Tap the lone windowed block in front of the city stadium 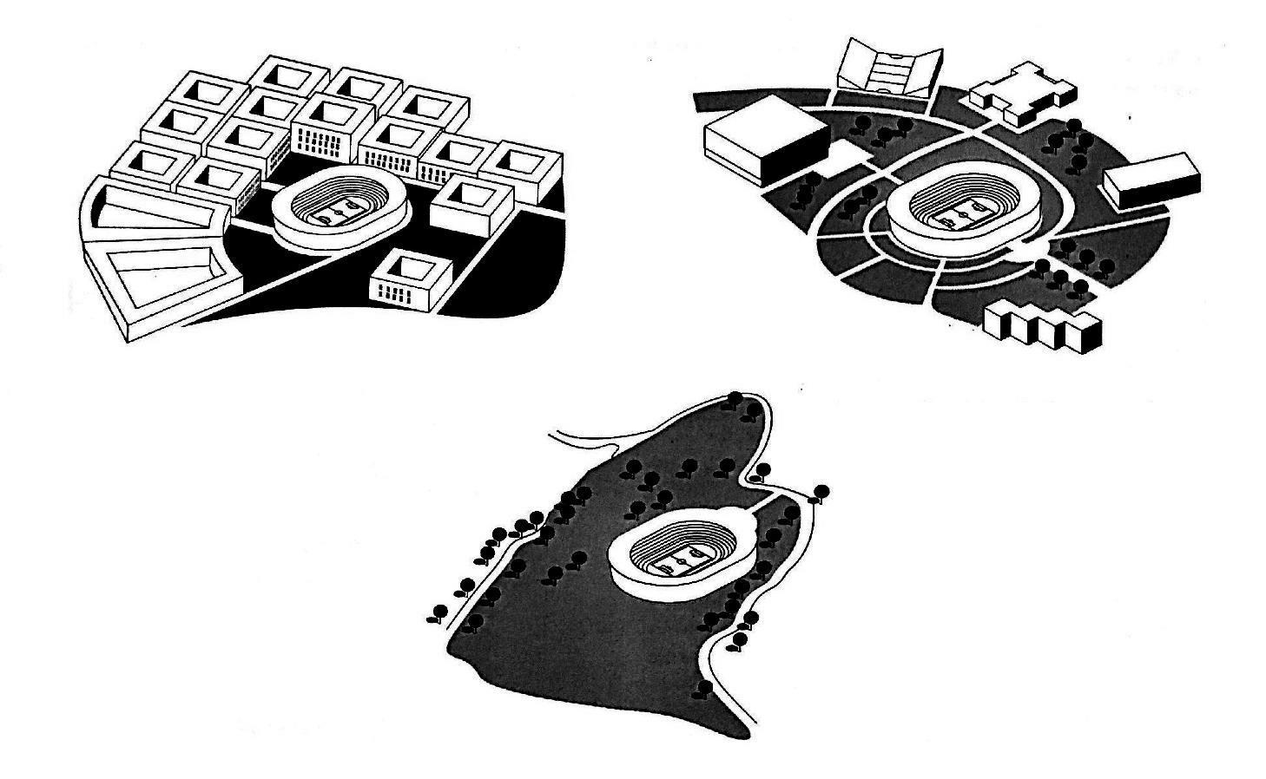[409, 279]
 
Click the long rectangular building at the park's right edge [1152, 177]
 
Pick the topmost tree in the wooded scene [735, 399]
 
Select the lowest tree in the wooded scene [705, 688]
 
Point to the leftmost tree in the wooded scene [438, 612]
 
